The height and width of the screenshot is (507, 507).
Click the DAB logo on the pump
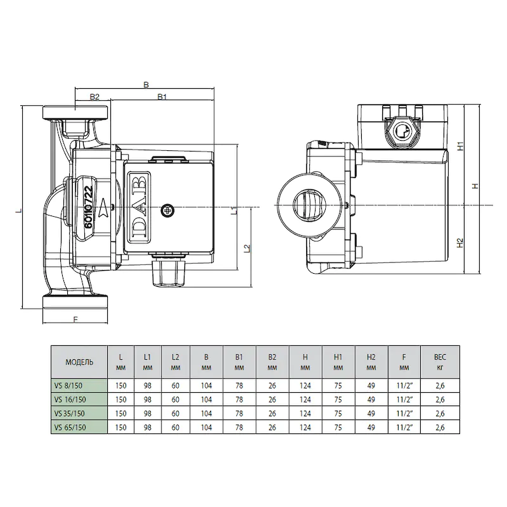coord(139,207)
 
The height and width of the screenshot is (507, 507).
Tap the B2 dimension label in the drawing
coord(94,97)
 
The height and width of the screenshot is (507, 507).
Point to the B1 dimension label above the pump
coord(162,97)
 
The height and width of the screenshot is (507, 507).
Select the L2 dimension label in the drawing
coord(247,248)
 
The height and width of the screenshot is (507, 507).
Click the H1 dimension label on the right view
coord(461,146)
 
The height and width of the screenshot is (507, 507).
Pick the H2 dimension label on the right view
coord(460,243)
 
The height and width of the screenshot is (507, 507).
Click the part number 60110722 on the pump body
coord(89,207)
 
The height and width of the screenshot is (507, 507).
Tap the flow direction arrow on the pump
coord(105,207)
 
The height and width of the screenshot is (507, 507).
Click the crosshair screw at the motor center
coord(167,210)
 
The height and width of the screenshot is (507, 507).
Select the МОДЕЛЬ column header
coord(79,362)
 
